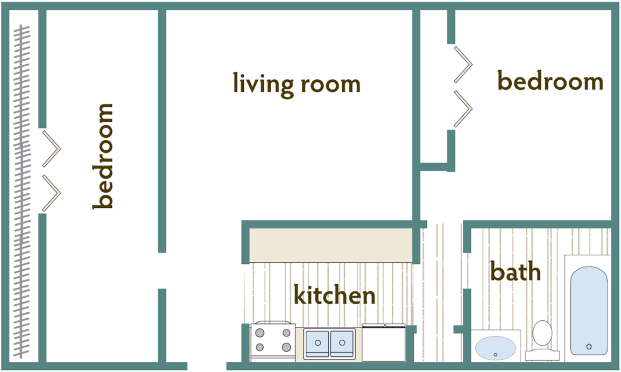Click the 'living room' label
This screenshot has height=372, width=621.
297,84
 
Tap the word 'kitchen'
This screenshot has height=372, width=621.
334,295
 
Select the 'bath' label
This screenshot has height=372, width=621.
515,271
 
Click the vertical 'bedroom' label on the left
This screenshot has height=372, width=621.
103,156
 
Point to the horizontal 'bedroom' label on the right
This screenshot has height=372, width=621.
550,82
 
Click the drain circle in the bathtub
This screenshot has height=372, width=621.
589,346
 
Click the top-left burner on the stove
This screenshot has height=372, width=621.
260,333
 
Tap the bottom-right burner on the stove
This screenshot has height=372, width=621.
286,347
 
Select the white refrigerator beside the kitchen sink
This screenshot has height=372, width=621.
383,343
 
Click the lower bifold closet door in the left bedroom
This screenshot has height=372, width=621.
51,193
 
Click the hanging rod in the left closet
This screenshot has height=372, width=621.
22,191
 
